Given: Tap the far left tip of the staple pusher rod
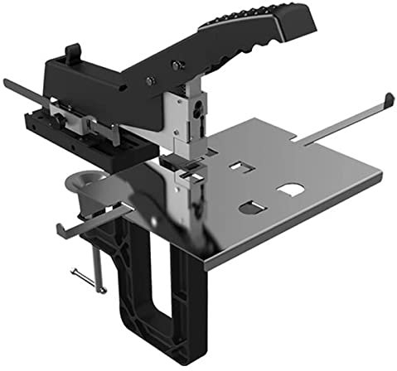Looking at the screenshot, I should (6, 82).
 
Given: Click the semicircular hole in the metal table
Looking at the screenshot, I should (290, 190).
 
